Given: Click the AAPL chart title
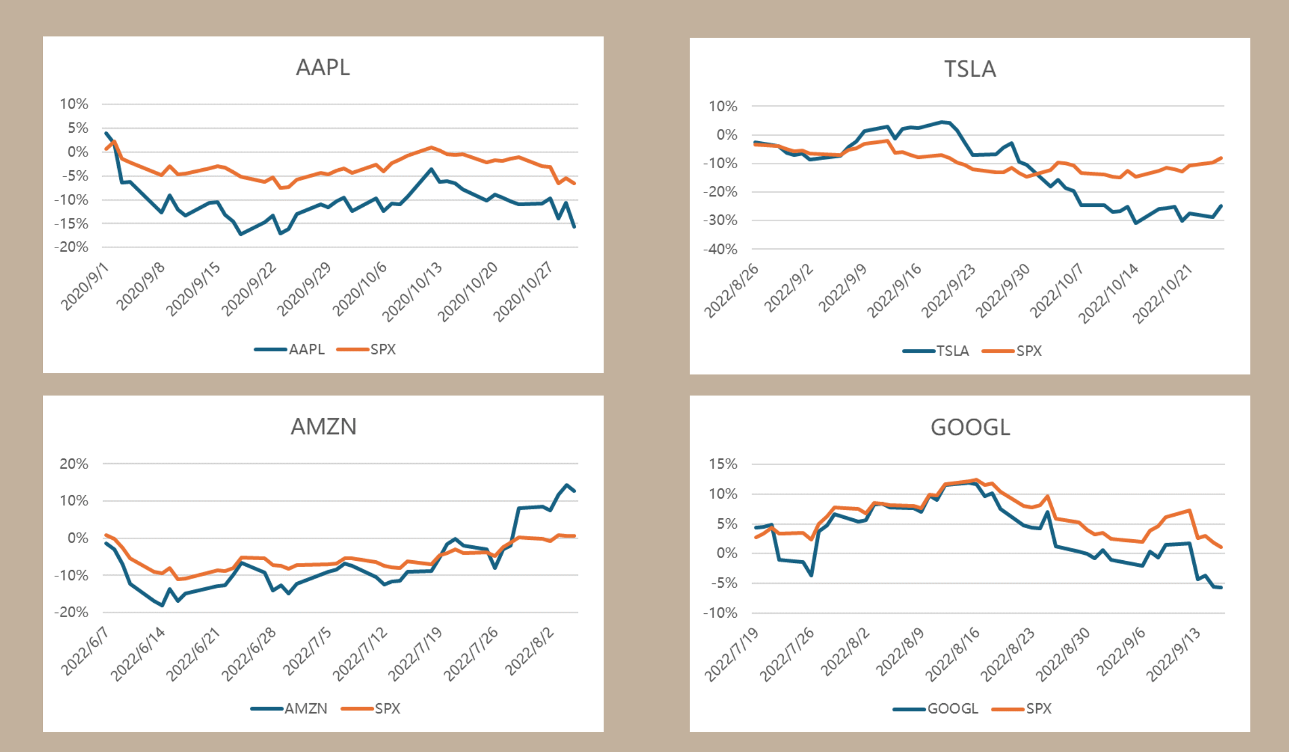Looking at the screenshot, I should [323, 68].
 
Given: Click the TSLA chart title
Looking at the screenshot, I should [970, 69].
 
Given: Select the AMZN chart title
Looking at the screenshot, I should [323, 426].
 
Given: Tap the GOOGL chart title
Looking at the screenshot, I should [970, 428].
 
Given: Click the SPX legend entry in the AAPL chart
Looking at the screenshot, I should [382, 350].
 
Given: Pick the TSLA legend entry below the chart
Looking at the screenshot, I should [952, 351].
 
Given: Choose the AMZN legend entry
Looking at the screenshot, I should [306, 709].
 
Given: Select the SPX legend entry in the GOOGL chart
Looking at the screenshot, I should [1038, 709].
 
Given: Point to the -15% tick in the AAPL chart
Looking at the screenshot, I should [71, 223].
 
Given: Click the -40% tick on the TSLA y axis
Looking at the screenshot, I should [720, 249].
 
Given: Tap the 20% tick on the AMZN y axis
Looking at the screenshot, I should [74, 464].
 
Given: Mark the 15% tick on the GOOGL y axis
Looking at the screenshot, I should [723, 464].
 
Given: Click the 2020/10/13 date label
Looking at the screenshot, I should [412, 291].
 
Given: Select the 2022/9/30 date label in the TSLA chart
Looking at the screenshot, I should [1003, 291].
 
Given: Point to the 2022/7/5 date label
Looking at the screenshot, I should [307, 651].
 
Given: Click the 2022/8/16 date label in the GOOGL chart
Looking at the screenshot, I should [953, 654].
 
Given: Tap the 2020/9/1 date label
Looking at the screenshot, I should [85, 287].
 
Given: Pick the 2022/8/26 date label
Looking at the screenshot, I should [732, 291].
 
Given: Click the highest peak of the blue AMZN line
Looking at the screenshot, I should [567, 485].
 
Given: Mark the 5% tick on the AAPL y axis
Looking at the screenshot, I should [77, 128].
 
